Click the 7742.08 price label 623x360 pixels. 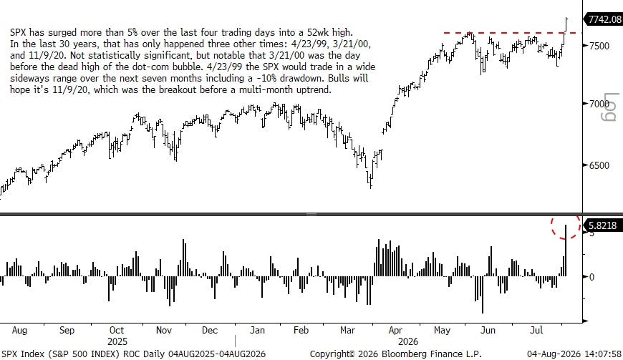coord(604,19)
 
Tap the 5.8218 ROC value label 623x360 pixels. coord(602,225)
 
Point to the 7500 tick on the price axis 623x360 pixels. coord(599,46)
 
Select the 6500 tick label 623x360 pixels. coord(599,165)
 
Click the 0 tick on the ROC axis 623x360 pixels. coord(591,277)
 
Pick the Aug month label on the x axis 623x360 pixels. coord(19,330)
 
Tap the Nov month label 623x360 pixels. coord(164,330)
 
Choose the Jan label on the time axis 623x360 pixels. coord(257,330)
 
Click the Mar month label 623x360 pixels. coord(347,330)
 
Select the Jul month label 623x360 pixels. coord(536,330)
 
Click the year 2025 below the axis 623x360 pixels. coord(117,341)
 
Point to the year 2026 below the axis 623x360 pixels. coord(408,341)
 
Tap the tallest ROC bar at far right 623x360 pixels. coord(566,250)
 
